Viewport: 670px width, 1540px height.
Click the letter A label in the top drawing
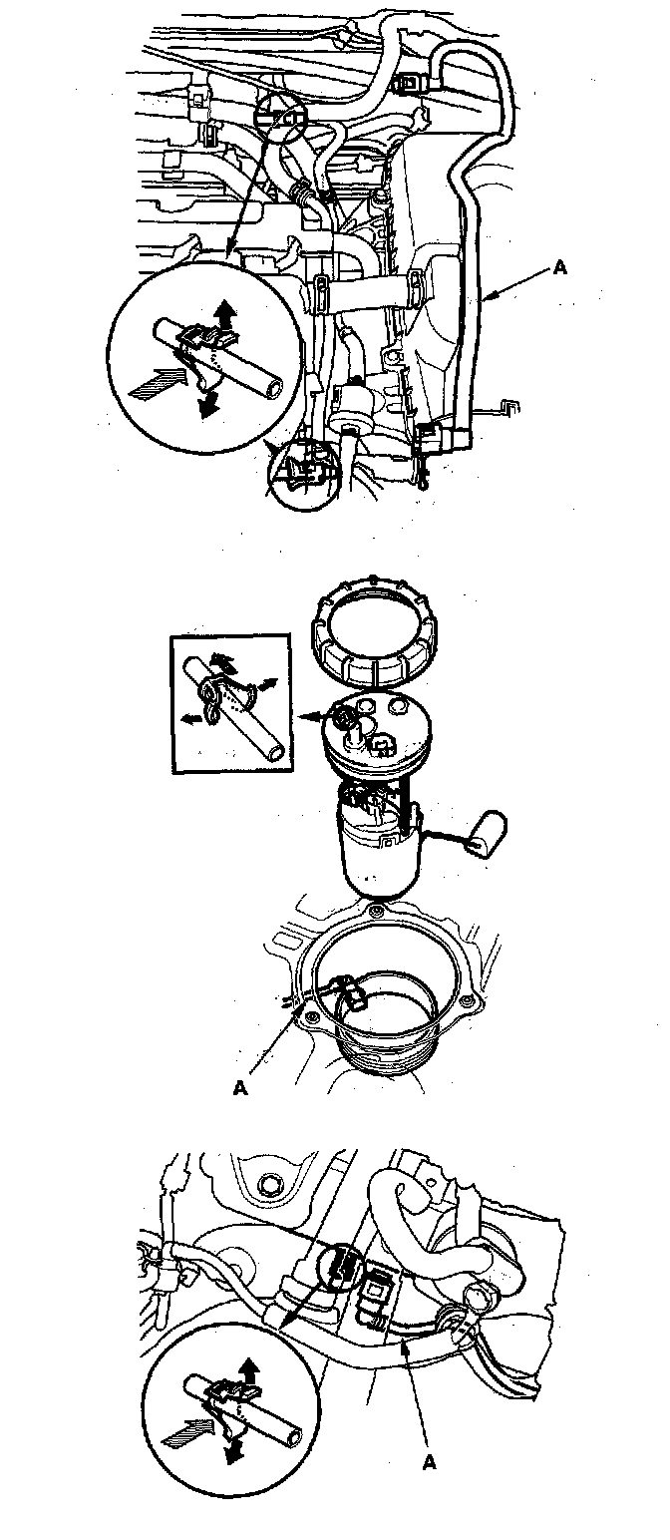560,268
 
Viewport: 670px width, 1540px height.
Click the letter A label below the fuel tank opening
240,1088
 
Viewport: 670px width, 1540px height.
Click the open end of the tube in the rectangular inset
276,751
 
